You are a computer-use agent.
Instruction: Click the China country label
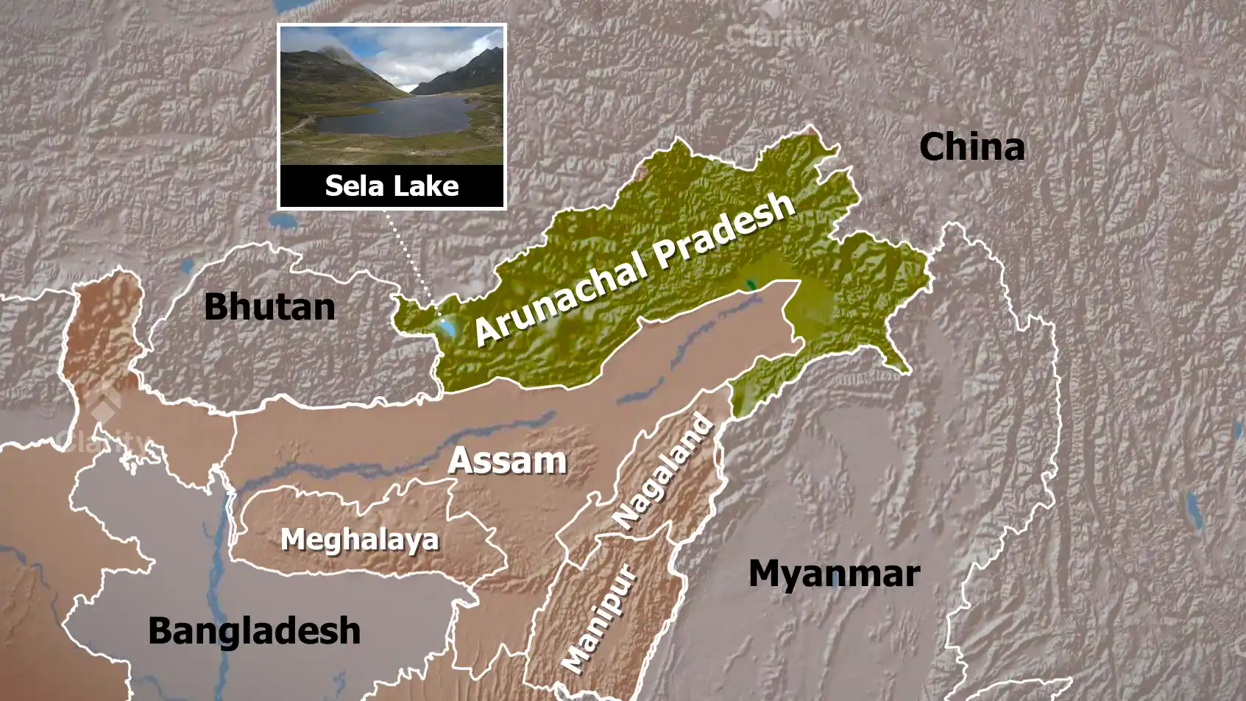(x=971, y=147)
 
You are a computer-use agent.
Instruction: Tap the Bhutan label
(x=269, y=306)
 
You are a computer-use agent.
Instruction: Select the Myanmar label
(x=834, y=574)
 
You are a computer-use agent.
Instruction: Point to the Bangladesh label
(x=254, y=631)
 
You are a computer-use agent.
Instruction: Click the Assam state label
(x=507, y=461)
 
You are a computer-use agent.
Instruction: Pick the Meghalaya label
(x=359, y=540)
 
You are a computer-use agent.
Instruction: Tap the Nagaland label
(x=664, y=473)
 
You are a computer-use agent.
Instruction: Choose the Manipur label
(x=599, y=619)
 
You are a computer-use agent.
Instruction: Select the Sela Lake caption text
(x=392, y=186)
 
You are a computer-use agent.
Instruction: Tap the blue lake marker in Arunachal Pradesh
(x=446, y=326)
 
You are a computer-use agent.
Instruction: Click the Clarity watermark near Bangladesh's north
(x=103, y=434)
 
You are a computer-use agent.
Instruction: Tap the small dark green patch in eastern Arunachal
(x=750, y=283)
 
